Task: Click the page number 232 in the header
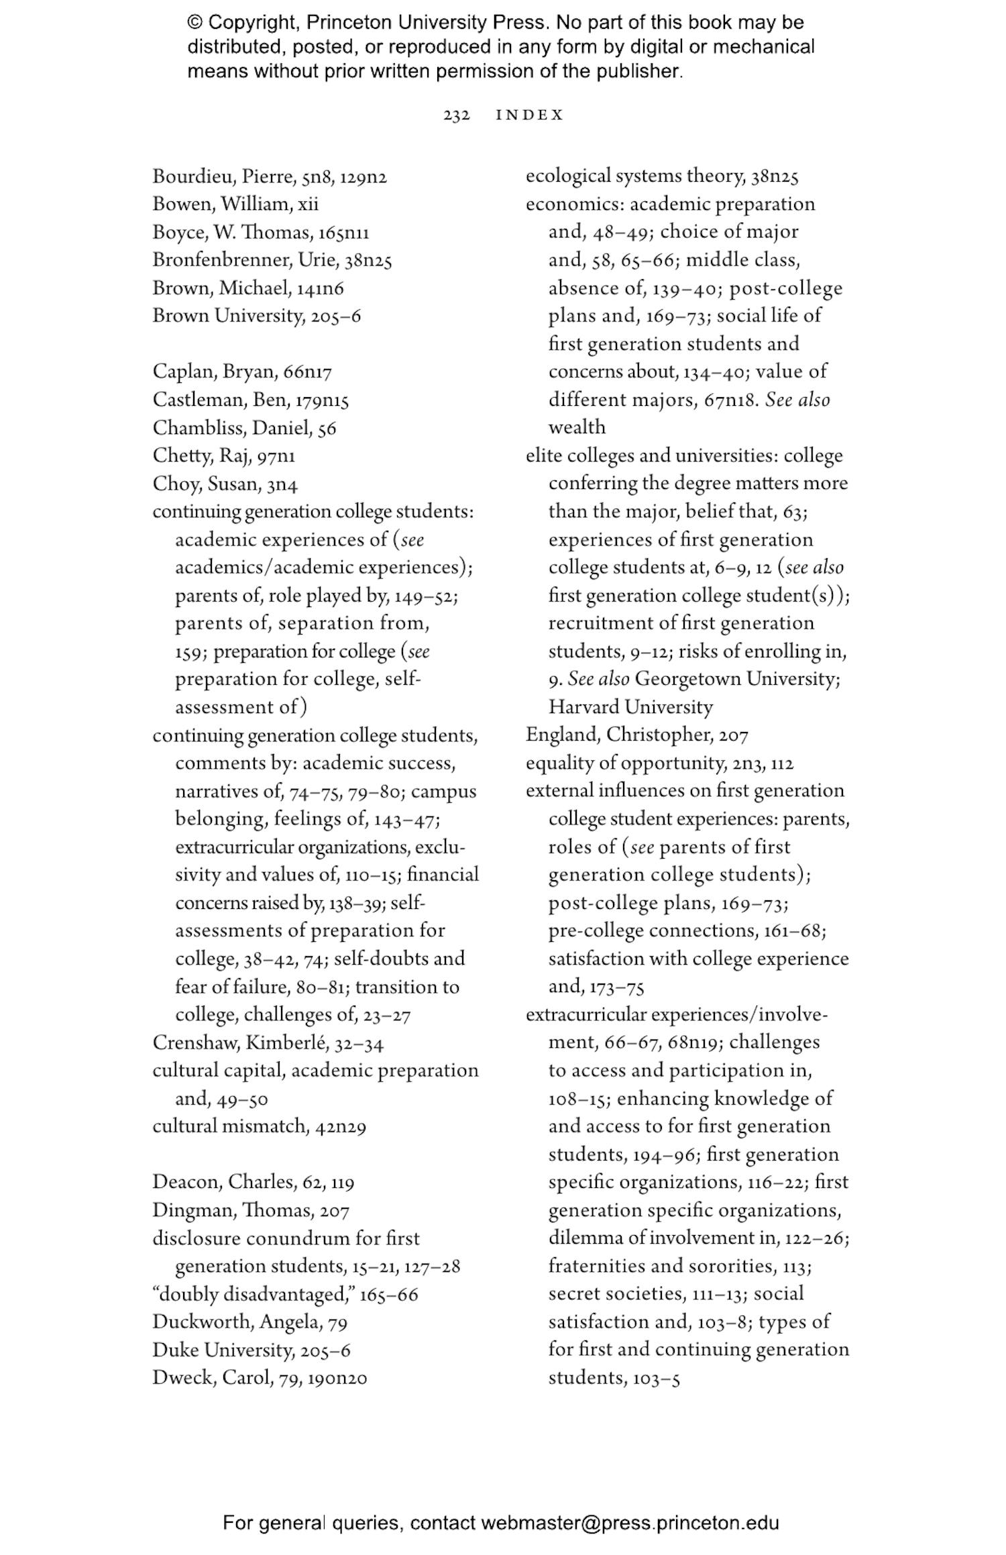456,115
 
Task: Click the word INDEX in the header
529,115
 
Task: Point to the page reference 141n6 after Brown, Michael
320,288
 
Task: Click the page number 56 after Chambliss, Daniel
327,428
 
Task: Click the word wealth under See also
577,427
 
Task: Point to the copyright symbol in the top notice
195,23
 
